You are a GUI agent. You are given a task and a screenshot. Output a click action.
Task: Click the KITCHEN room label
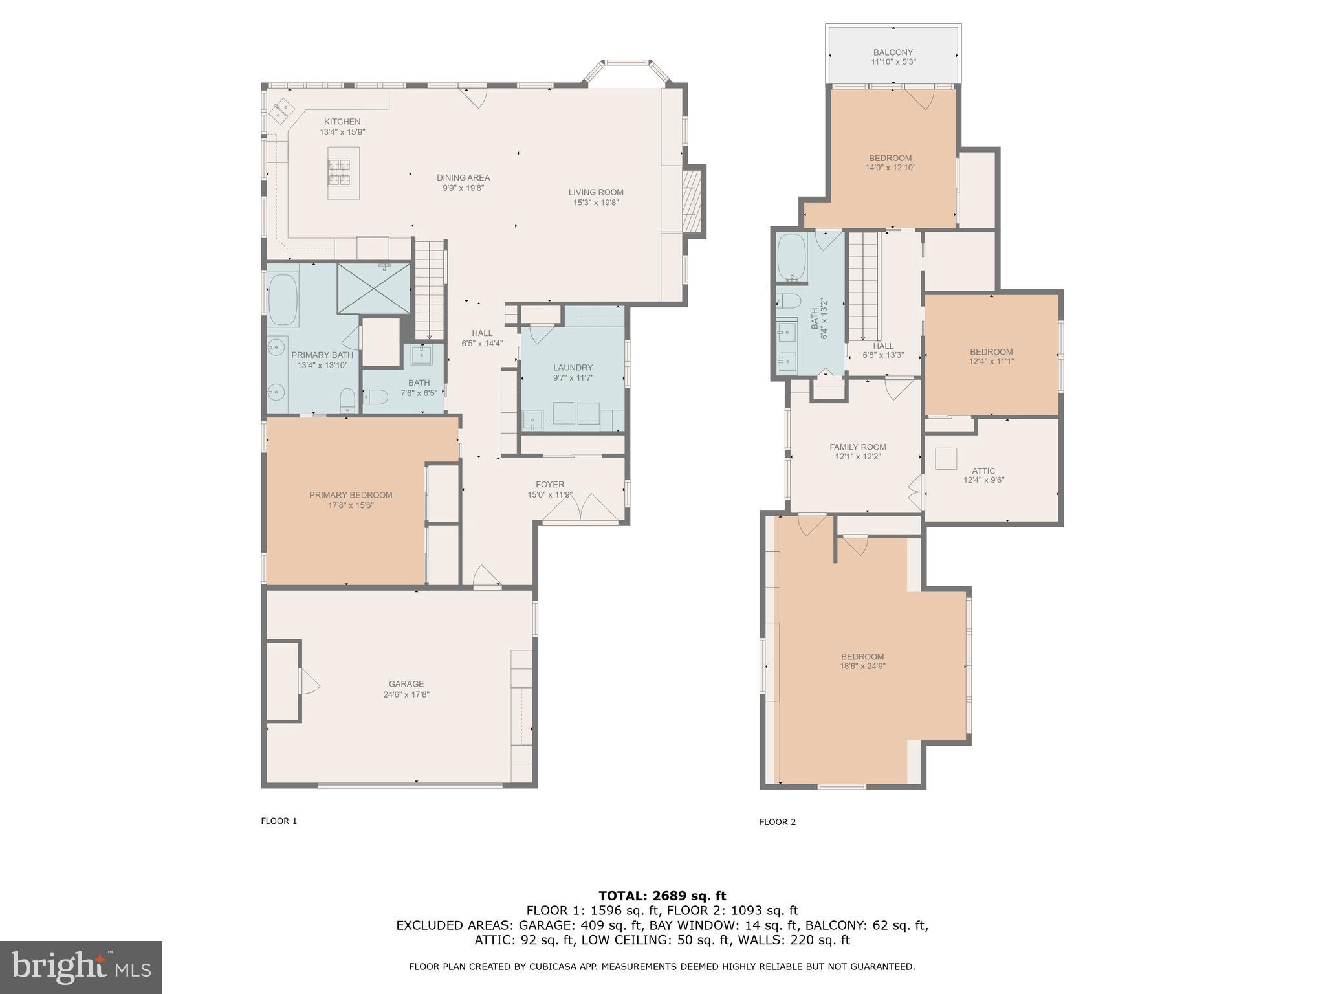pos(342,122)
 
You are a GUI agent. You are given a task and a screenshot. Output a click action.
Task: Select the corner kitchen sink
pos(282,111)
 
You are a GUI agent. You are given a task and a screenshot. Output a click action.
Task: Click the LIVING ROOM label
pos(596,192)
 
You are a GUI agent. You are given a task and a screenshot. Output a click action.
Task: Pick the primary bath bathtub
pos(283,300)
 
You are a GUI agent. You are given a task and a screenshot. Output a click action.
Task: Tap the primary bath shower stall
pos(374,288)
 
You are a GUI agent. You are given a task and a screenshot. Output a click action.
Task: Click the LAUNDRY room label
pos(573,368)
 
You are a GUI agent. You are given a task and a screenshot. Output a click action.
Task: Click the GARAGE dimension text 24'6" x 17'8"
pos(406,694)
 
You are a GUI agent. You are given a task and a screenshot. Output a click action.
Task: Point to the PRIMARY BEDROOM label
pos(351,495)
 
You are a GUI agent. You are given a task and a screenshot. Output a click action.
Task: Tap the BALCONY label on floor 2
pos(893,52)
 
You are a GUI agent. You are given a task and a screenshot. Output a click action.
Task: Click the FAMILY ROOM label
pos(858,447)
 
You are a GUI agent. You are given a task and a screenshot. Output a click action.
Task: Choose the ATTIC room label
pos(983,470)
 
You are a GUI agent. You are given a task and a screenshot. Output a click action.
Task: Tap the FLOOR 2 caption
pos(778,822)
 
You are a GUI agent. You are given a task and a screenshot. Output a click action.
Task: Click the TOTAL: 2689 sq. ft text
pos(662,896)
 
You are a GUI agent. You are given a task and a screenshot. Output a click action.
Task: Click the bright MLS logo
pos(81,967)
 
